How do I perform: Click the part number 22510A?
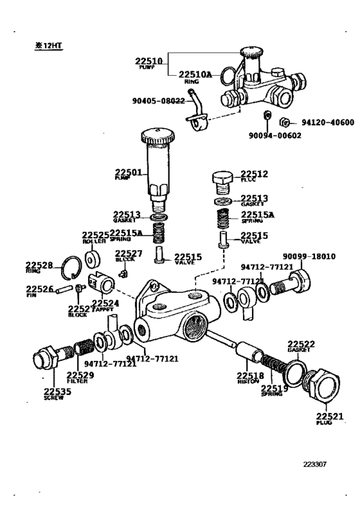coord(195,75)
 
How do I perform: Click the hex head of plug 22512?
coord(222,178)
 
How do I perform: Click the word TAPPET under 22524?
coord(103,309)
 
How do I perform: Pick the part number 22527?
coord(129,253)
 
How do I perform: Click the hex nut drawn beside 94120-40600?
coord(283,122)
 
